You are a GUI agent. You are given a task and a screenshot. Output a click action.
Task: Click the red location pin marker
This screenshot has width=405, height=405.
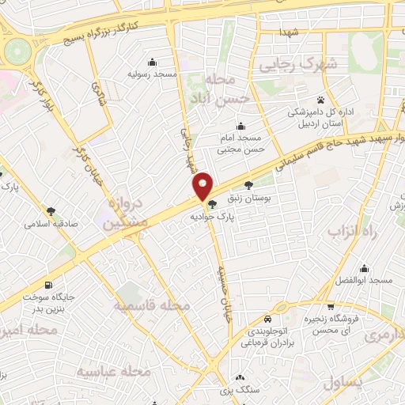tap(203, 185)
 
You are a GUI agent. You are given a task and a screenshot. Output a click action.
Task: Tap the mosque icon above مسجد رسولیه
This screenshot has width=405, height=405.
tap(152, 62)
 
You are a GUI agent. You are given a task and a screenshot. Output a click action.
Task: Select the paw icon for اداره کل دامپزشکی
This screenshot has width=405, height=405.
tap(320, 100)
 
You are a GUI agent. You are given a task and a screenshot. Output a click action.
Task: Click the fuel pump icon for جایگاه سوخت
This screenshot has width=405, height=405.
tap(51, 286)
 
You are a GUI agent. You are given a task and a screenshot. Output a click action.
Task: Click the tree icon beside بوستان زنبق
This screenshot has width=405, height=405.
tap(249, 184)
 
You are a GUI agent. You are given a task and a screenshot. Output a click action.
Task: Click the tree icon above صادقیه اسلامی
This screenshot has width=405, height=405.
tap(51, 211)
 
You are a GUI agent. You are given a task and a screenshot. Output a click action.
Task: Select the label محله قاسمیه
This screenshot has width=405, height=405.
tap(150, 305)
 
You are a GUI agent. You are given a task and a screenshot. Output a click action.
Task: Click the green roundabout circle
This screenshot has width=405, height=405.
tap(16, 52)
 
